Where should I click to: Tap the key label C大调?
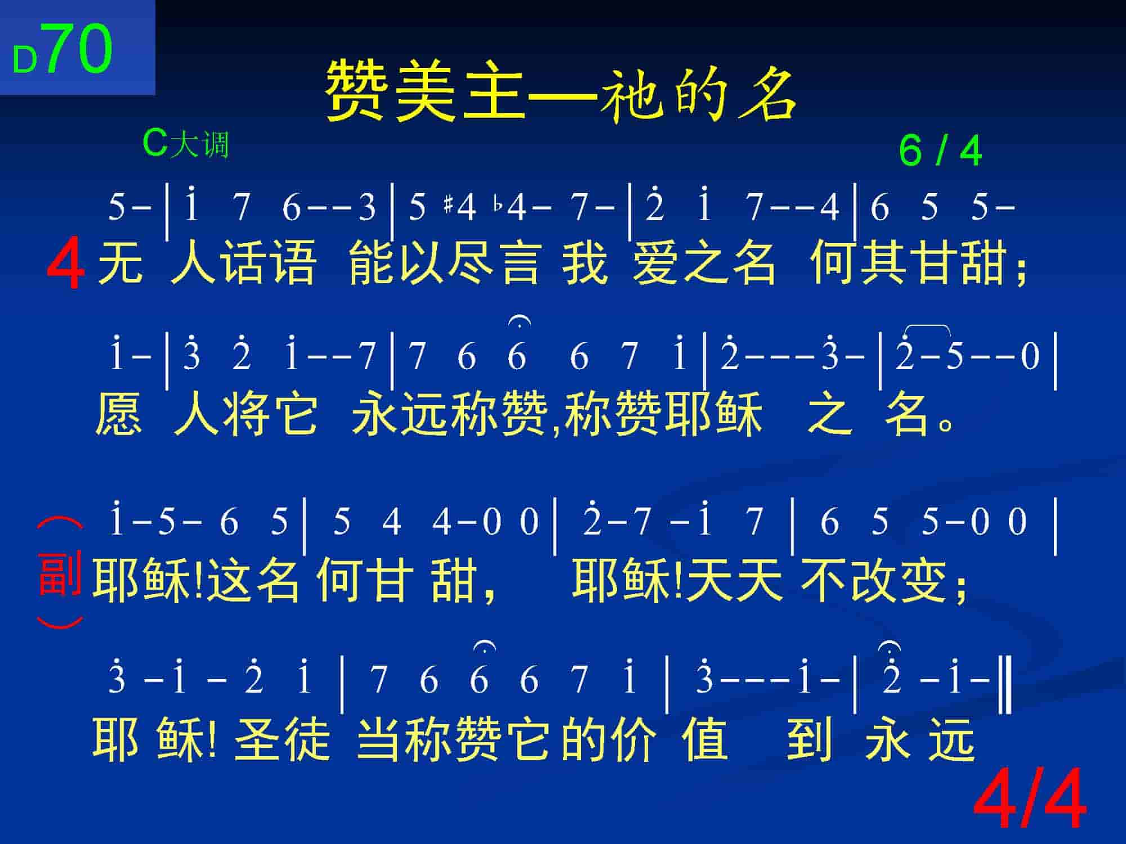tap(186, 144)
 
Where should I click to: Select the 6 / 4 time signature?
tap(940, 151)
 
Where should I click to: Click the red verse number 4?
tap(66, 263)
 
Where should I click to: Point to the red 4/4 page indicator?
tap(1029, 800)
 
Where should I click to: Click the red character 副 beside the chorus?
tap(59, 574)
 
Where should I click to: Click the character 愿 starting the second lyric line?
tap(118, 414)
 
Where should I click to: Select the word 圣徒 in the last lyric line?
tap(281, 738)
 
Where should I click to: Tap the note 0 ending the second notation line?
tap(1030, 357)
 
